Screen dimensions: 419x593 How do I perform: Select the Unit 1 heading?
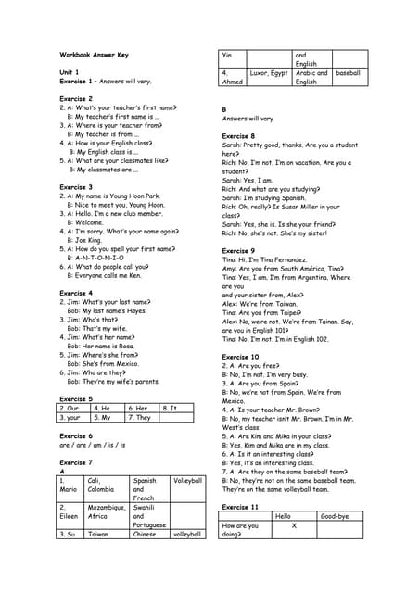(x=70, y=72)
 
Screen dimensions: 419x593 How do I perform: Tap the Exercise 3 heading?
(x=76, y=187)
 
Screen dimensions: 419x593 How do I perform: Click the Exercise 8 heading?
(x=238, y=136)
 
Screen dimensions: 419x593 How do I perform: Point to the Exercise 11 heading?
(x=241, y=507)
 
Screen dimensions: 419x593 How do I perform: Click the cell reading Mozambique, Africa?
(x=106, y=512)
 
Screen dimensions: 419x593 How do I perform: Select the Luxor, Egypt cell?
(x=270, y=72)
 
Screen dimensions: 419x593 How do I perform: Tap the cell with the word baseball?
(x=349, y=72)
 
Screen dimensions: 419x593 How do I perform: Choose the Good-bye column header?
(x=334, y=516)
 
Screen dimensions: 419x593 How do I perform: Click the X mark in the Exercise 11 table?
(x=293, y=525)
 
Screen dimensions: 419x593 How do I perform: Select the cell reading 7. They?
(x=140, y=417)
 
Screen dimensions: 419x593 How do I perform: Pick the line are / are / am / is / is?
(x=92, y=444)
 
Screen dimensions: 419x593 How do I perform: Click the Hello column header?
(x=283, y=516)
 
